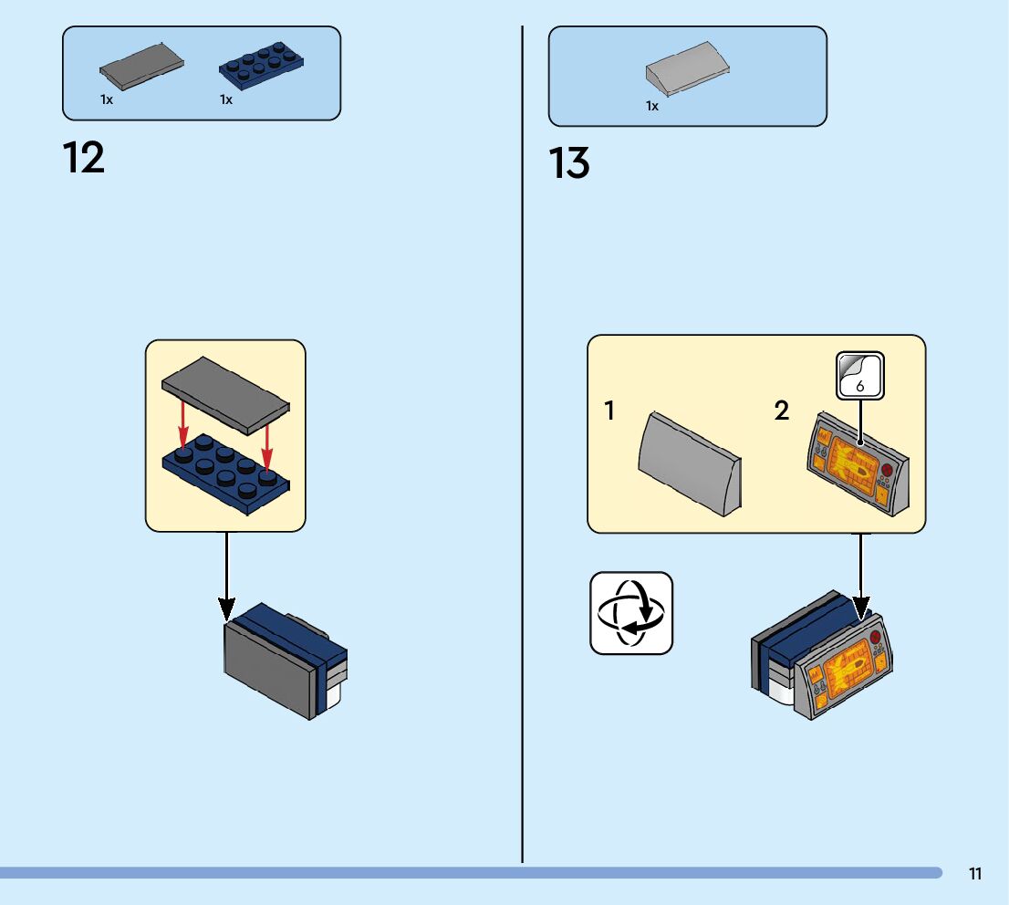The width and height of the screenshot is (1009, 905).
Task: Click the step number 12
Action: pyautogui.click(x=84, y=158)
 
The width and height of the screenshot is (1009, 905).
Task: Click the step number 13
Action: pyautogui.click(x=569, y=164)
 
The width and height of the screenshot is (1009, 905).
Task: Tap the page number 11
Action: pyautogui.click(x=974, y=874)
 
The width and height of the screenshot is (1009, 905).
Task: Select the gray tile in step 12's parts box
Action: pyautogui.click(x=141, y=68)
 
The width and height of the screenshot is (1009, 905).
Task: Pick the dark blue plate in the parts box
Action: pyautogui.click(x=261, y=67)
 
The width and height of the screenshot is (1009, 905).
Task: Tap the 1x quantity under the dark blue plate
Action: pyautogui.click(x=226, y=99)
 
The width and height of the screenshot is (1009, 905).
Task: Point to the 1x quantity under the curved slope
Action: pyautogui.click(x=652, y=106)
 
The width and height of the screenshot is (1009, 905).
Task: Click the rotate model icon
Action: pyautogui.click(x=631, y=613)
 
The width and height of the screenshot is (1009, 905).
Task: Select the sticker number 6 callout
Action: pyautogui.click(x=860, y=375)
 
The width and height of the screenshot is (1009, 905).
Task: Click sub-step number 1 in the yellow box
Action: pyautogui.click(x=609, y=411)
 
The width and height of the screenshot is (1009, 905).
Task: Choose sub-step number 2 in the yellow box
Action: pyautogui.click(x=782, y=411)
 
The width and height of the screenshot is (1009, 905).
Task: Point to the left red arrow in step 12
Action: pyautogui.click(x=183, y=421)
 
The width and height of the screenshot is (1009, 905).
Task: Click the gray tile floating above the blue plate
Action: pyautogui.click(x=225, y=391)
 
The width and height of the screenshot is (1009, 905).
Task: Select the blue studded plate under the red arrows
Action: pyautogui.click(x=225, y=471)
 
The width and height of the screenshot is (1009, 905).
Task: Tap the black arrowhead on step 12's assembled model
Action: pyautogui.click(x=227, y=609)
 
